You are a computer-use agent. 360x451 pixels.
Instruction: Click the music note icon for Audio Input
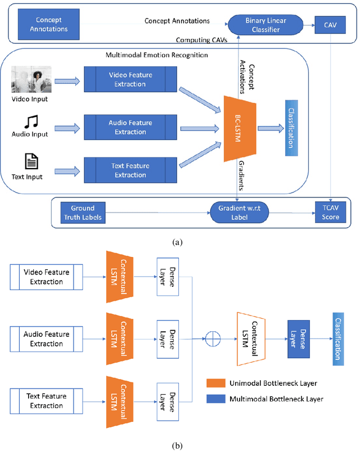point(30,121)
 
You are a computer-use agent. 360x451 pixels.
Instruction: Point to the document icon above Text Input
point(30,163)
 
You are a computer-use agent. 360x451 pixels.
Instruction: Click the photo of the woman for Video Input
point(31,80)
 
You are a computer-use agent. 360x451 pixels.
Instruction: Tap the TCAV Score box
point(331,212)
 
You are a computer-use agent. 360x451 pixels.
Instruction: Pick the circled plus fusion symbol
point(211,339)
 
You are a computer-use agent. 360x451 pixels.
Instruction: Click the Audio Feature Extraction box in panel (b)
point(47,339)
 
